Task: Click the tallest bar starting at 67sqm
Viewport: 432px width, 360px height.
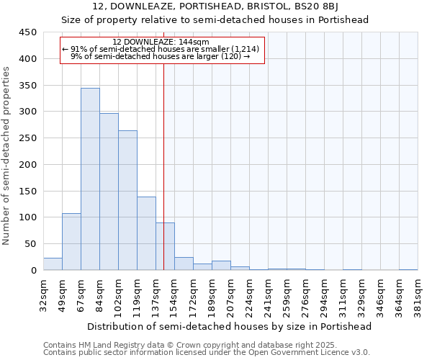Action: [90, 179]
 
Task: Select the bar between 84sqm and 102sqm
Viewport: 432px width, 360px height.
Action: [109, 192]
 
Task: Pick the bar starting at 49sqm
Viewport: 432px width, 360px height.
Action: [71, 242]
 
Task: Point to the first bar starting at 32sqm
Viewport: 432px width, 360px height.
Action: [53, 264]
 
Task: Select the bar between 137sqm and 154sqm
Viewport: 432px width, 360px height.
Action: [165, 246]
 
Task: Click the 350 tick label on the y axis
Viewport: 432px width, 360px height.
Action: [27, 86]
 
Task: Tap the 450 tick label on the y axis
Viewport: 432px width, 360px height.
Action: [27, 32]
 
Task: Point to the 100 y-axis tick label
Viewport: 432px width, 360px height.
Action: [27, 217]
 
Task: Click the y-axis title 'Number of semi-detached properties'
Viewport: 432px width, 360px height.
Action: [7, 156]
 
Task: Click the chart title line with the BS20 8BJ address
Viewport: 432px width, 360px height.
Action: [216, 6]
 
